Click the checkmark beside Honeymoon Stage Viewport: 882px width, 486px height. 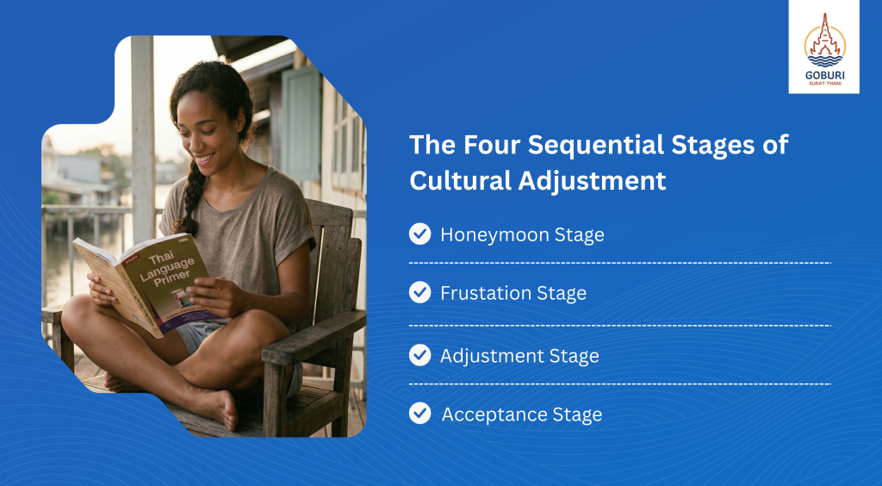coord(419,234)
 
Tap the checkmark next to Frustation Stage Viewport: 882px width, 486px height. coord(419,292)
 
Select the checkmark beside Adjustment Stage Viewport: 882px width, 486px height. coord(419,356)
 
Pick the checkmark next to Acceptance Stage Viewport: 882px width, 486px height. coord(419,414)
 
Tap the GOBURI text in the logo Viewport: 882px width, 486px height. coord(824,75)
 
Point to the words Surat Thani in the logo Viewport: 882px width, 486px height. coord(824,84)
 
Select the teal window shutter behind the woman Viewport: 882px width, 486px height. coord(301,123)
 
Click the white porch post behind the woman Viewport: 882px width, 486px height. coord(143,141)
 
